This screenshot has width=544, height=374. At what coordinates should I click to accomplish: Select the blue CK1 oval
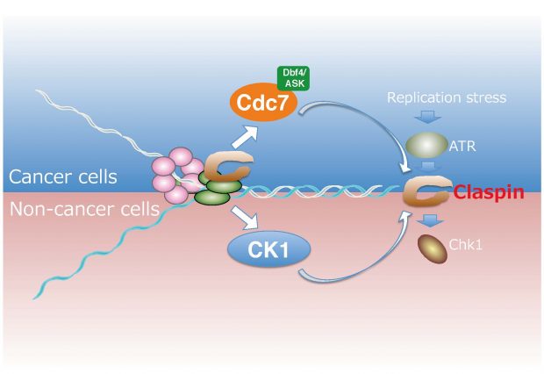click(268, 250)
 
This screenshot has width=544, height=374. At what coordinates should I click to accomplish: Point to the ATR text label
click(463, 147)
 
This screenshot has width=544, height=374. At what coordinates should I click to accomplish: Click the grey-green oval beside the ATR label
click(426, 145)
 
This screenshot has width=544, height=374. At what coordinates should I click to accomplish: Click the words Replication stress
click(448, 97)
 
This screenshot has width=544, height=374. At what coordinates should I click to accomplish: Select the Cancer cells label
click(63, 177)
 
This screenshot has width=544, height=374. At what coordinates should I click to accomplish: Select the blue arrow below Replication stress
click(426, 118)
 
